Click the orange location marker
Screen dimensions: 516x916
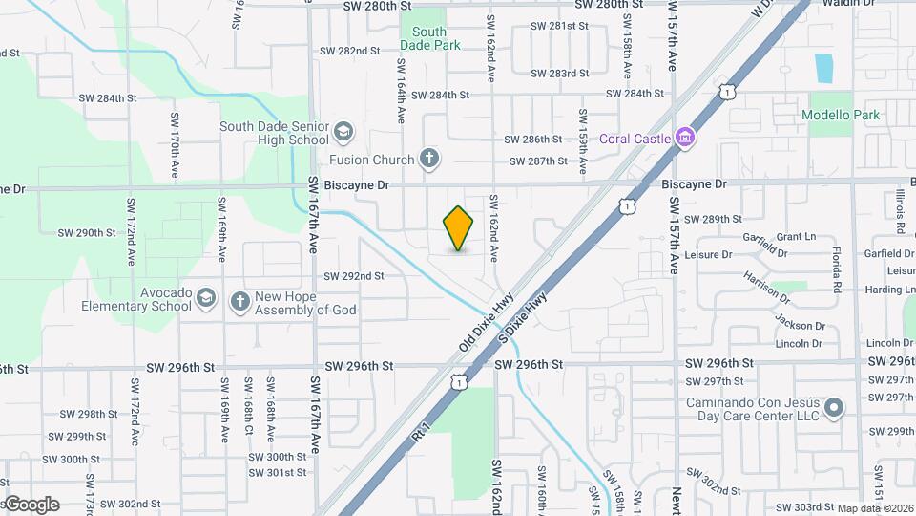[459, 227]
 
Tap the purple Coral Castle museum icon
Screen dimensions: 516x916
[683, 139]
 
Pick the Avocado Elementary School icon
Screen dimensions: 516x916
[205, 300]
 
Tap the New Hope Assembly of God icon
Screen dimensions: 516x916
[239, 300]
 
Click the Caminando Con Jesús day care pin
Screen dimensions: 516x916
[834, 408]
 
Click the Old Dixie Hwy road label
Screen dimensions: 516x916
[486, 322]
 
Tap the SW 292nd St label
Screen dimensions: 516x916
[353, 276]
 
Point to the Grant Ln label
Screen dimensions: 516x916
[796, 236]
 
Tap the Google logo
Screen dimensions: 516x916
[32, 505]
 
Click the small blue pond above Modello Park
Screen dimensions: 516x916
[823, 68]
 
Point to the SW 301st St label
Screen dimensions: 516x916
[279, 472]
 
